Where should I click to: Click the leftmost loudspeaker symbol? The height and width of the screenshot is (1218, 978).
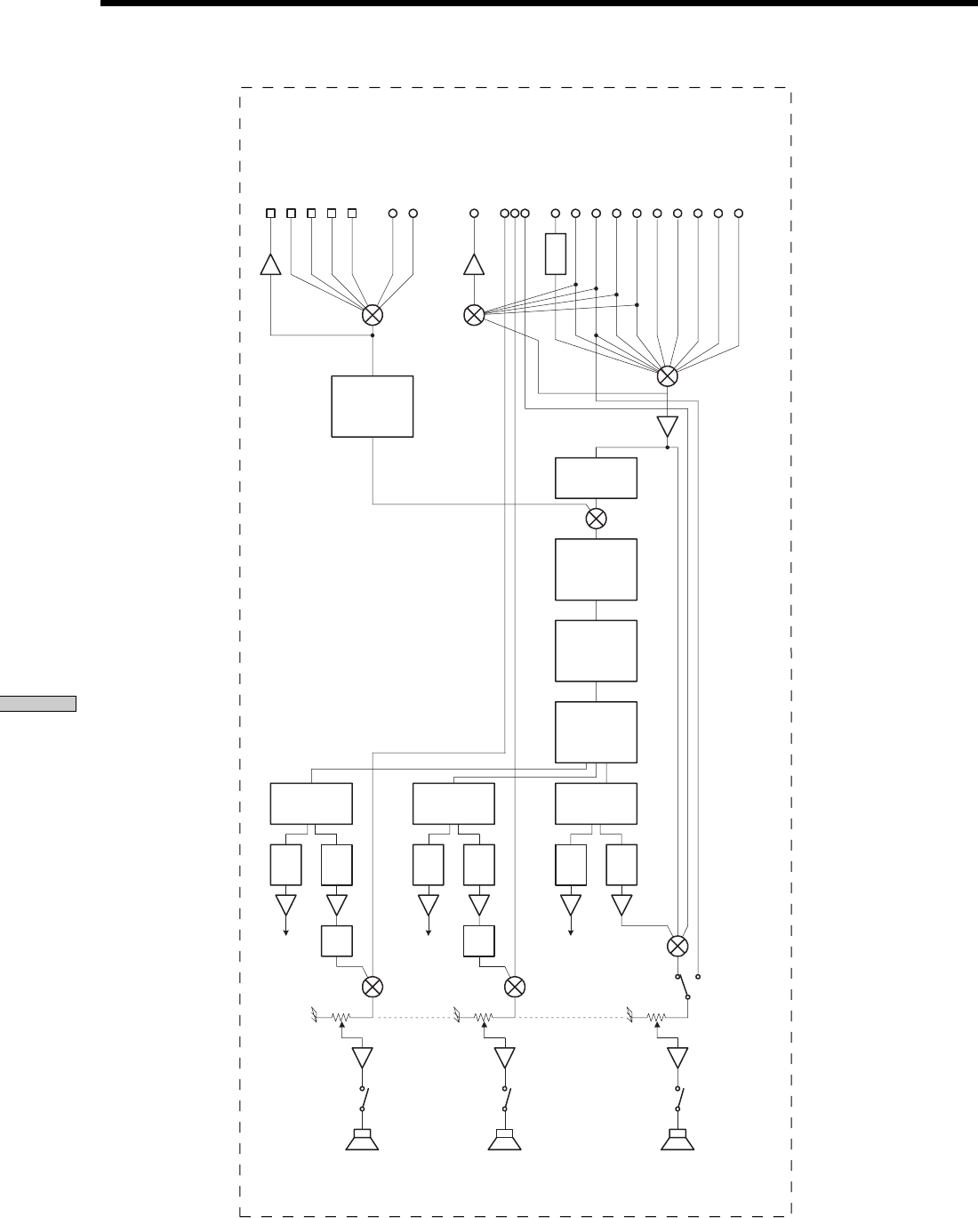pos(362,1139)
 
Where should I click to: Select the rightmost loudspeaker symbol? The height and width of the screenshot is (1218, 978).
pos(677,1139)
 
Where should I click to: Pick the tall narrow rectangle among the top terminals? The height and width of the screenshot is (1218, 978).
pos(556,254)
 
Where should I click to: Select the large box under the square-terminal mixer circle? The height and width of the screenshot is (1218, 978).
pos(372,406)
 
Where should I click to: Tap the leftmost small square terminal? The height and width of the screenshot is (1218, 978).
pos(271,214)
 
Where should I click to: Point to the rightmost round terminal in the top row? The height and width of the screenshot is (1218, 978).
pos(738,214)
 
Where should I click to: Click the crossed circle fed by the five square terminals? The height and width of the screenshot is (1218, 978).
pos(373,315)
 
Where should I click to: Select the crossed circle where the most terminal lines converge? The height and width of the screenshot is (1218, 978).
pos(667,375)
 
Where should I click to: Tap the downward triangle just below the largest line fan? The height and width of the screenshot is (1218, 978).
pos(667,427)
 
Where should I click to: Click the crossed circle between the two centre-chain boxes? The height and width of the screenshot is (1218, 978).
pos(597,518)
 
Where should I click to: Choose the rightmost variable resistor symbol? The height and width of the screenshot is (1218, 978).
pos(656,1016)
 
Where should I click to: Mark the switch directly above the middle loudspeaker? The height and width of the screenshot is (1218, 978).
pos(505,1098)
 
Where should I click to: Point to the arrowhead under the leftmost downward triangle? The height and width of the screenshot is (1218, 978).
pos(285,932)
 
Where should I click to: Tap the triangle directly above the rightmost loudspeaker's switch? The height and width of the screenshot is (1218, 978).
pos(677,1058)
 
